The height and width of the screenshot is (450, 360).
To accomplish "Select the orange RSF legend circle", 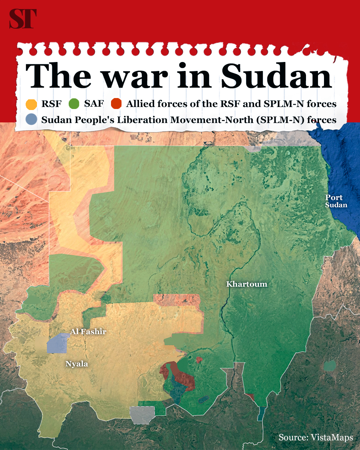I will pos(31,104).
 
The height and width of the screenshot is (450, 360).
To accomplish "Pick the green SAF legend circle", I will pos(74,104).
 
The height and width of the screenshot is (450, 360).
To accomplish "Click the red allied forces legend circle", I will pos(116,104).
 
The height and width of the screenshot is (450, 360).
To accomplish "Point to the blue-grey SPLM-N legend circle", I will pos(31,119).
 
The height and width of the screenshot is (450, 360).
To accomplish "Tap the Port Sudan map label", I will pos(336,201).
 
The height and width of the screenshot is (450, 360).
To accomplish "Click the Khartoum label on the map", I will pos(247,284).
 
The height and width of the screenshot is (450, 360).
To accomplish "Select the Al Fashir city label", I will pos(88,332).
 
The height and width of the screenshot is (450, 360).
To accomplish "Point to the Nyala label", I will pos(77,364).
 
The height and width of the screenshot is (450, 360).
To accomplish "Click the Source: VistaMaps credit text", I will pos(316,437).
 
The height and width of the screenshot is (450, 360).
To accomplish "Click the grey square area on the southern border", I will pos(143,415).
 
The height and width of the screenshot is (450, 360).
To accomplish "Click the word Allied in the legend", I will pos(140,104).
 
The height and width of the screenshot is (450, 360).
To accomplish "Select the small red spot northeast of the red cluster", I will pos(199,360).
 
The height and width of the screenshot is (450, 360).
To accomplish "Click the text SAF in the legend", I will pos(94,104).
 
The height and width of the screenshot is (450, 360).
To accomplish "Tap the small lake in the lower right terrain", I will pos(330,366).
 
